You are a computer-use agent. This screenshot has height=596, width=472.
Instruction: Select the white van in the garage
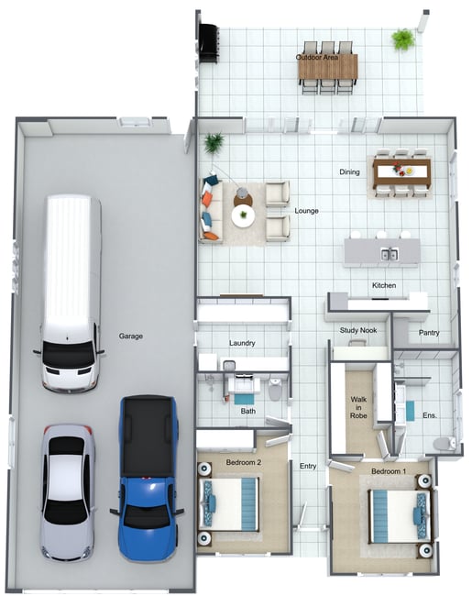coord(70,293)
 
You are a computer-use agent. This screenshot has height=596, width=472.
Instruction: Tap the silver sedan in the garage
coord(68,492)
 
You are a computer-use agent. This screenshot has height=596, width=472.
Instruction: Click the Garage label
coord(131,336)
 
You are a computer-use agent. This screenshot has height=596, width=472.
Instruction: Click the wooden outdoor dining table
coord(328,67)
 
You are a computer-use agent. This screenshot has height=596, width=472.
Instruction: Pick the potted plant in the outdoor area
coord(403,39)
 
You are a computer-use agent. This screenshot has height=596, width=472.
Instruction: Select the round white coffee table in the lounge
coord(243,216)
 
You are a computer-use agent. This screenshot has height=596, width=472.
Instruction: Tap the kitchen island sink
coord(390,254)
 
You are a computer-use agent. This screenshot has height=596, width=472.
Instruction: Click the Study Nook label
coord(358,330)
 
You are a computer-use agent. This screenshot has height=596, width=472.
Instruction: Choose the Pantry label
coord(429,333)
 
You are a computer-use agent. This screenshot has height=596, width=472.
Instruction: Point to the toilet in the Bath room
coord(274,388)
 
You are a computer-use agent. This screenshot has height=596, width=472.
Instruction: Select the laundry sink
coord(228,366)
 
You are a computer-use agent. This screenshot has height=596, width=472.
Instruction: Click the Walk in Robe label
coord(358,407)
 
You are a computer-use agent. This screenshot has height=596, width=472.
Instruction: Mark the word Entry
coord(308,466)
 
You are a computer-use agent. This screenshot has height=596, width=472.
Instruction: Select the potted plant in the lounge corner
coord(214,143)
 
